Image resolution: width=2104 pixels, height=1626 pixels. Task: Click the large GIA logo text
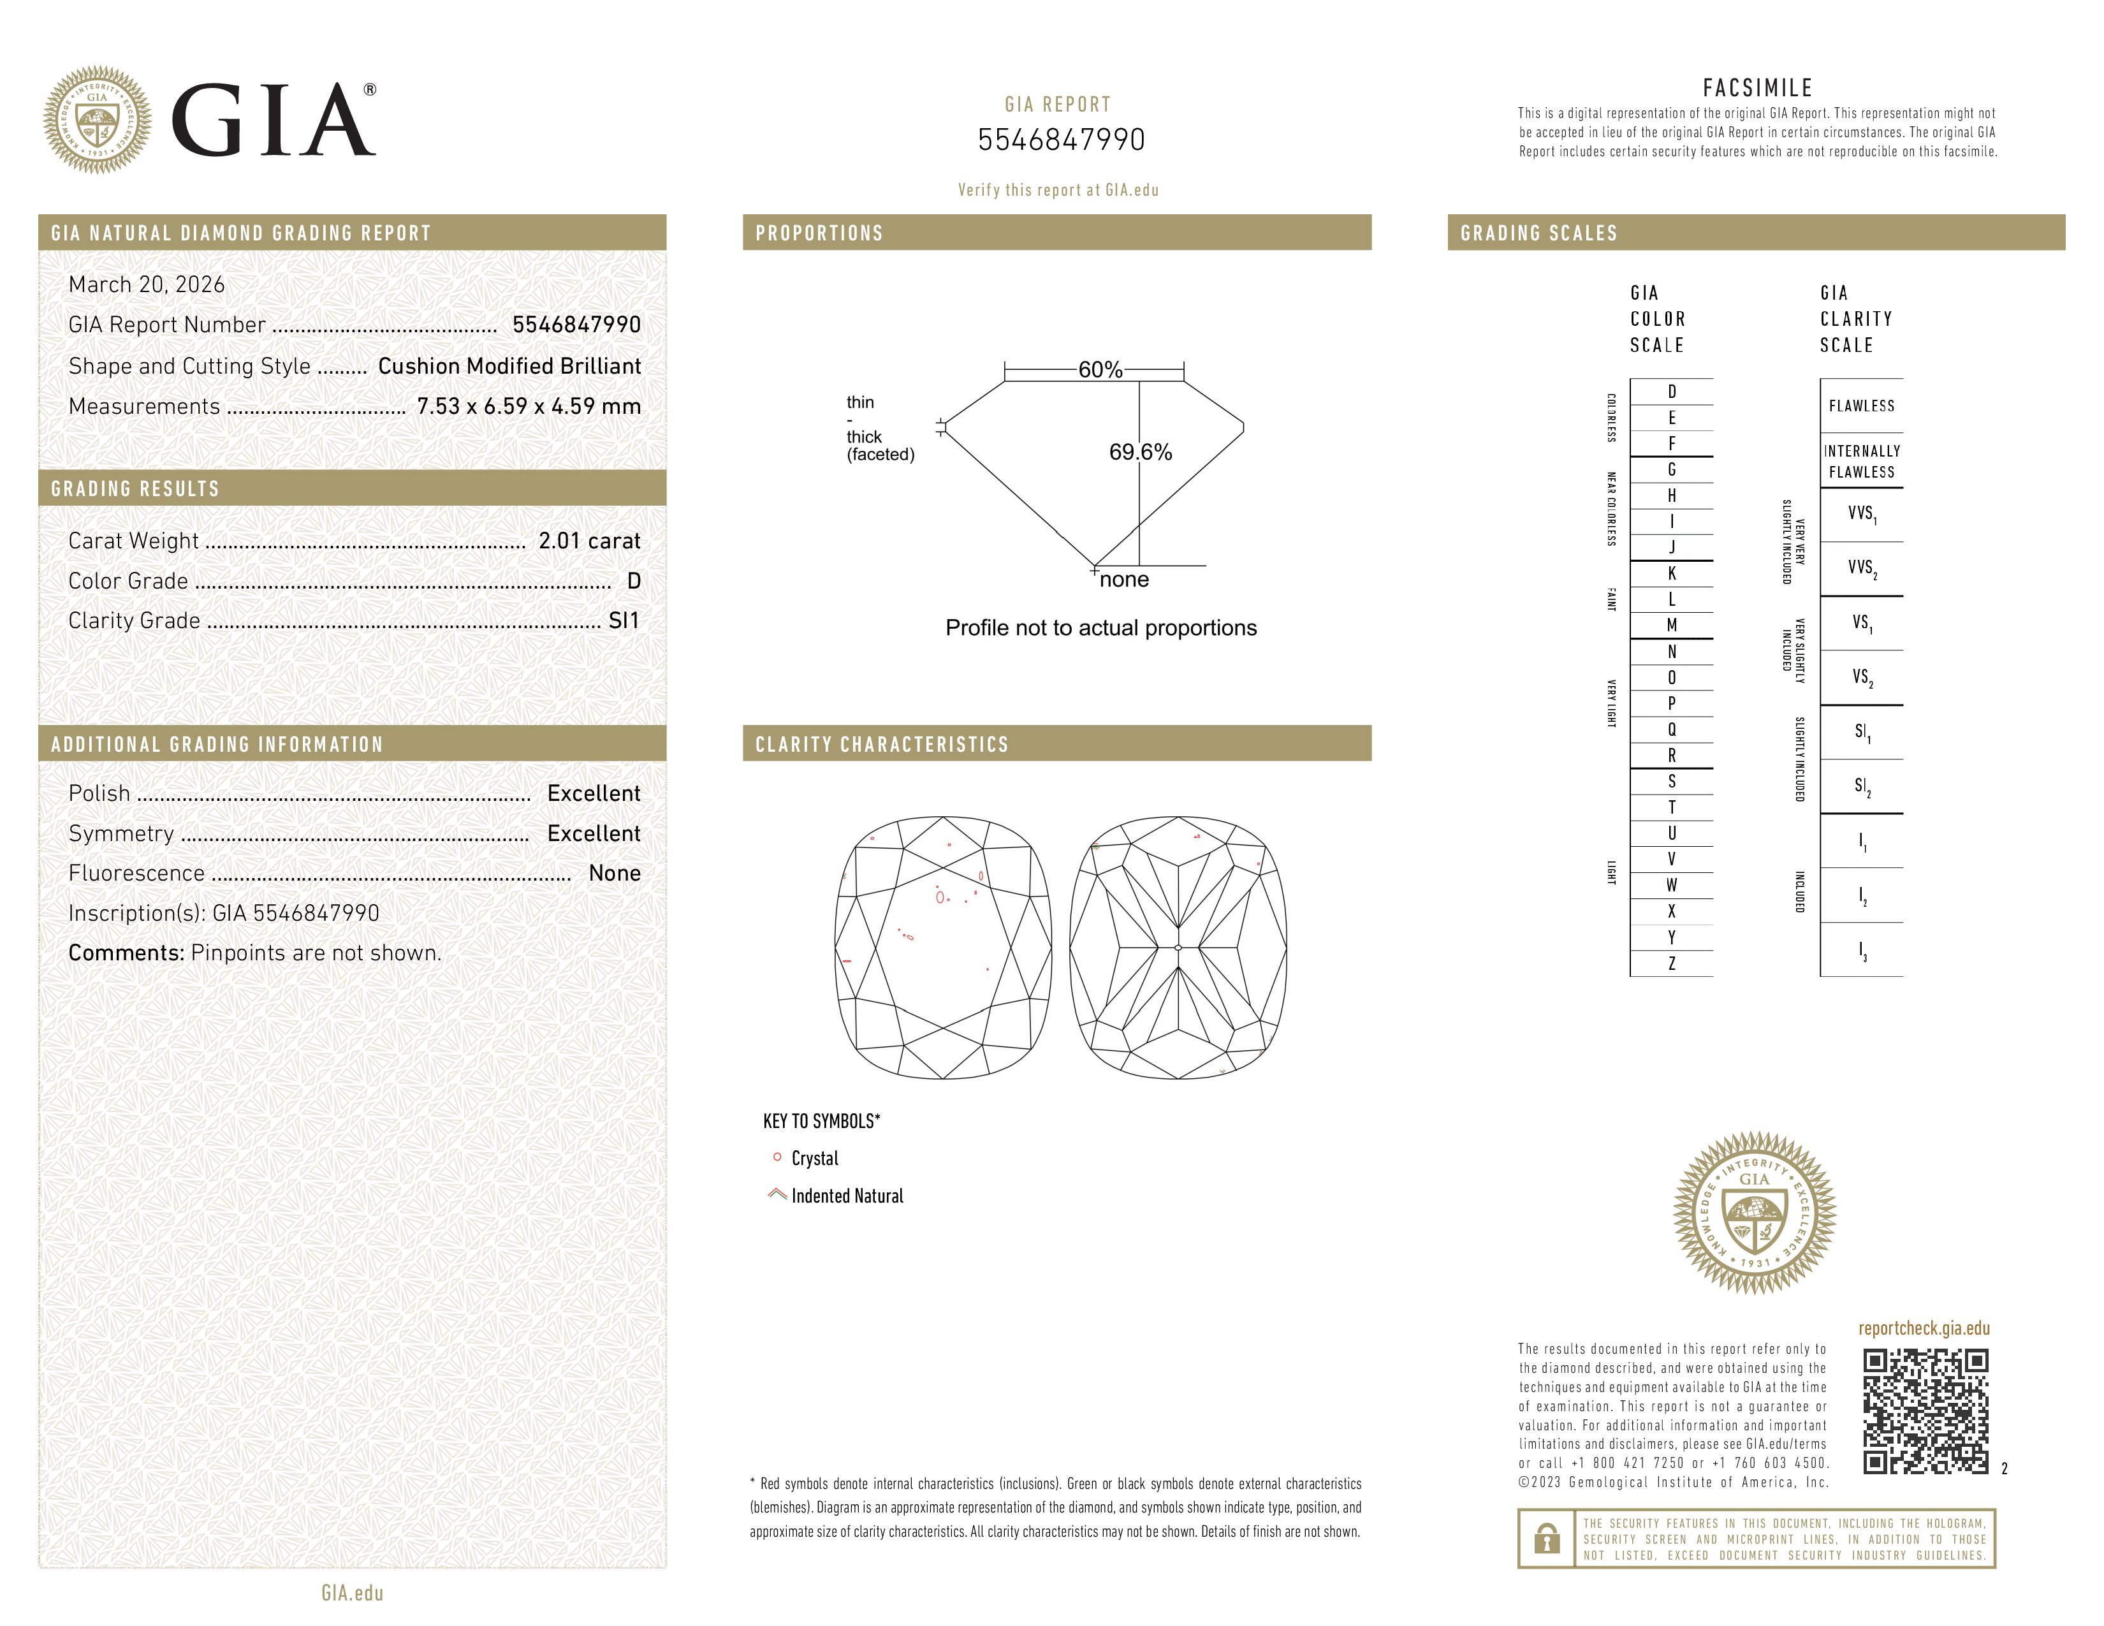point(274,121)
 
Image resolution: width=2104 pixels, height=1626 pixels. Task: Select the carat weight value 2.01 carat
point(588,541)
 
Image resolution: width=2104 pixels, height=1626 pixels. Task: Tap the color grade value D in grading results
point(633,581)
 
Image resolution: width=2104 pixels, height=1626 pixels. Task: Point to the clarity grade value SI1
point(624,621)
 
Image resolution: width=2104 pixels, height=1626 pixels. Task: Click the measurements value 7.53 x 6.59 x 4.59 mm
point(528,407)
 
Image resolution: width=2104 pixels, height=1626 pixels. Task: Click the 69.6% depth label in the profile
point(1140,452)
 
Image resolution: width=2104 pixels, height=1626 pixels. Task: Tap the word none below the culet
point(1123,580)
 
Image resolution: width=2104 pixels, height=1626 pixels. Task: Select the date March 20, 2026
point(147,284)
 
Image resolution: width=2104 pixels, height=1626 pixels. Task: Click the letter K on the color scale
point(1672,573)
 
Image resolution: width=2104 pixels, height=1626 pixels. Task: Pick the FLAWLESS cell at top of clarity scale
point(1861,406)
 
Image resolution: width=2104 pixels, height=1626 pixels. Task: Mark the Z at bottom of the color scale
point(1672,963)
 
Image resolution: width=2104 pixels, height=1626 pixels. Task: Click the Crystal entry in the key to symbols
point(814,1158)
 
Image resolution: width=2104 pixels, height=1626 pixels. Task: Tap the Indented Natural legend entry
point(846,1196)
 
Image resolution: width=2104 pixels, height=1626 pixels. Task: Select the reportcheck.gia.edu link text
point(1923,1328)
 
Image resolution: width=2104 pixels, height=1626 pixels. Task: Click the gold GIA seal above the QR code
point(1753,1212)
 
